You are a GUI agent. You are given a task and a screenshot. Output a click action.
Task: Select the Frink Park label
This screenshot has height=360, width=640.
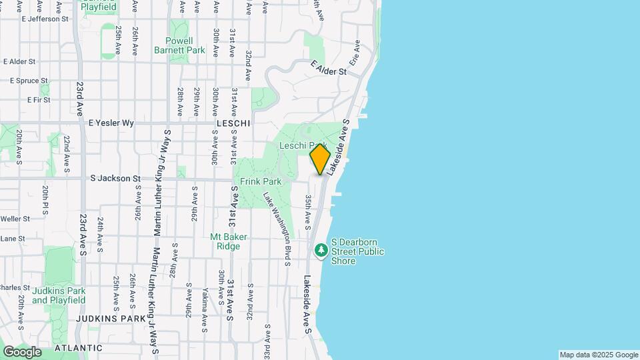[x=261, y=181]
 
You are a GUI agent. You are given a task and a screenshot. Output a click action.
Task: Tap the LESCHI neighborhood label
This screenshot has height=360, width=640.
[x=233, y=124]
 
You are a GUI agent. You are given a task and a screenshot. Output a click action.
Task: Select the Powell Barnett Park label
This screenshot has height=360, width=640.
[x=179, y=45]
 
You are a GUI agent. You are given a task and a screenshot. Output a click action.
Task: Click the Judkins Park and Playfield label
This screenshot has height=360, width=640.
[x=59, y=295]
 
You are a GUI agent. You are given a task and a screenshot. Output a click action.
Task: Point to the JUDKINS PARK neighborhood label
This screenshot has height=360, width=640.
[x=111, y=319]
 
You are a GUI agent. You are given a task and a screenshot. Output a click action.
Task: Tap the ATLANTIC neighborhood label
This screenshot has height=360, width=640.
[x=79, y=348]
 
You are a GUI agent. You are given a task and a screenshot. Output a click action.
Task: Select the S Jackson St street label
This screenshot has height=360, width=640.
[x=115, y=179]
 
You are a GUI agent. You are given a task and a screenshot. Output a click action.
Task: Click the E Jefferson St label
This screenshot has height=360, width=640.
[x=45, y=19]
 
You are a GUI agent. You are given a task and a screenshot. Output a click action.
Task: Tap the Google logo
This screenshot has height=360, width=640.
[x=22, y=351]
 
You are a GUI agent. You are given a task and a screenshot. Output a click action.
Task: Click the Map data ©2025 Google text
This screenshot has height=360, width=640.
[x=598, y=355]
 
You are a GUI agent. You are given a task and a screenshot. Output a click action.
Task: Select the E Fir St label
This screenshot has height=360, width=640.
[x=39, y=100]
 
